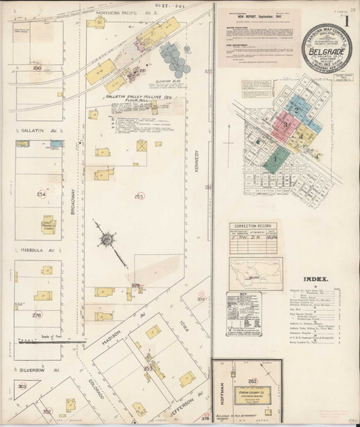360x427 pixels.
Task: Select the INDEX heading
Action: coord(315,280)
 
